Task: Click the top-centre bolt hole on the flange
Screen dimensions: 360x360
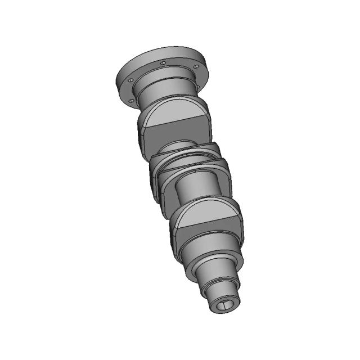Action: click(163, 63)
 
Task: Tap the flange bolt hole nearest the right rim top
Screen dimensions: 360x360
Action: click(196, 67)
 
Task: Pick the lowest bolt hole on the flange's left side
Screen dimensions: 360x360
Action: click(131, 101)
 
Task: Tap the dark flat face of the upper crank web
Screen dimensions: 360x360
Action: click(177, 135)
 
